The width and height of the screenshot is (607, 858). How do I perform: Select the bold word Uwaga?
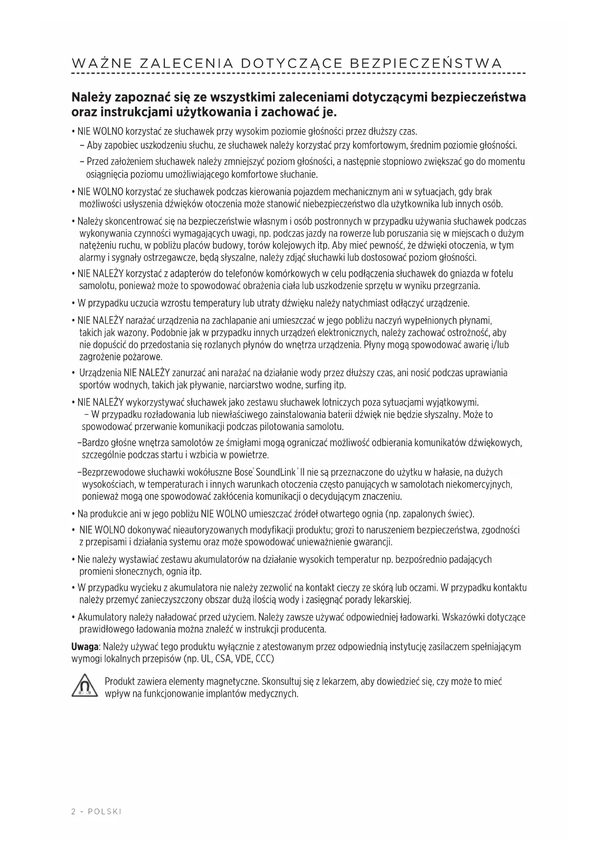click(x=85, y=647)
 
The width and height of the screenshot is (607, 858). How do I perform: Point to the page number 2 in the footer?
click(x=74, y=812)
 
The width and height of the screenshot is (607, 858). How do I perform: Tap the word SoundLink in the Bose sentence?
click(x=276, y=473)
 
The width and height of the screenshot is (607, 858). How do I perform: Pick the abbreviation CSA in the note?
click(x=223, y=658)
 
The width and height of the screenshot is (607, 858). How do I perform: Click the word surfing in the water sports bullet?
click(x=318, y=385)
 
